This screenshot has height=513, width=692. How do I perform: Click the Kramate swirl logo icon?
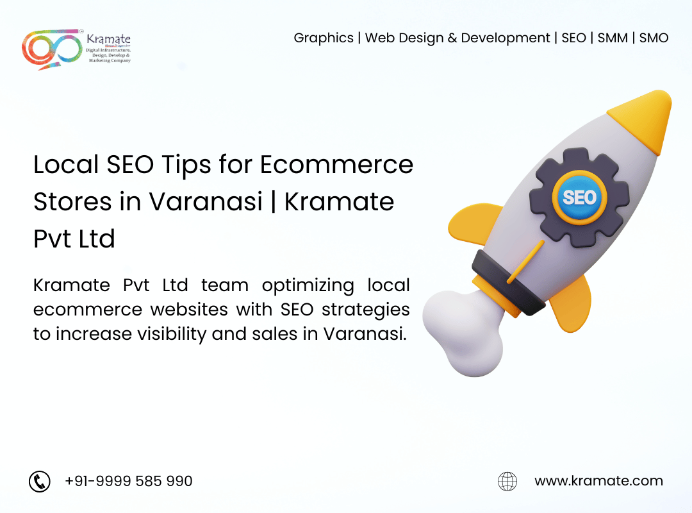coord(52,49)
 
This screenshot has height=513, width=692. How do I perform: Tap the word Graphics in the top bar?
coord(324,38)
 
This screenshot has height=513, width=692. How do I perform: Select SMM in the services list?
coord(613,38)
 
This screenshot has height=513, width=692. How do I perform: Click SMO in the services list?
coord(654,38)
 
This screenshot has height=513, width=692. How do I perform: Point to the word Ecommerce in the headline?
coord(336,164)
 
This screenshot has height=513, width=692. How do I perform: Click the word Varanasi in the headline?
coord(206,202)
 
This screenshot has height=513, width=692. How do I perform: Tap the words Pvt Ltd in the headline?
coord(74,239)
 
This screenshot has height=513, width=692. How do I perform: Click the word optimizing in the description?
coord(308,286)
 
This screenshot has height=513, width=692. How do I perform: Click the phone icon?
coord(40,481)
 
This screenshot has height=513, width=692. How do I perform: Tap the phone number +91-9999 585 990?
coord(128,481)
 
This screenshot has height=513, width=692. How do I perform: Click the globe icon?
coord(507,481)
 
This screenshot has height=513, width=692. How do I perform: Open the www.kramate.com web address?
coord(598,481)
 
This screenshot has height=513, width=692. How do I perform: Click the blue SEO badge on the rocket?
coord(579,198)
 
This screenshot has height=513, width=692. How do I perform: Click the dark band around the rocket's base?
coord(507,283)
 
